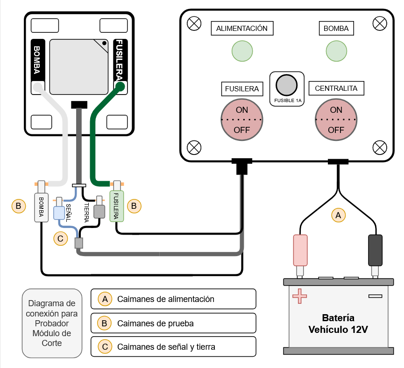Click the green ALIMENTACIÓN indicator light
[242, 51]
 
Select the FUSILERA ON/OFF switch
[242, 120]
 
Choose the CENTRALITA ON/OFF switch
[336, 120]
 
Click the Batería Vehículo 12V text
[338, 324]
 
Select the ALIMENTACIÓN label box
[242, 29]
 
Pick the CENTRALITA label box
[336, 88]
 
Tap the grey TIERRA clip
[99, 212]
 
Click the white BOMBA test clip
[41, 206]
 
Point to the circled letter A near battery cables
[339, 215]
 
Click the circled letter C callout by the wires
[60, 238]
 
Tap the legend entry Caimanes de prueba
[173, 323]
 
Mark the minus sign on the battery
[375, 296]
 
